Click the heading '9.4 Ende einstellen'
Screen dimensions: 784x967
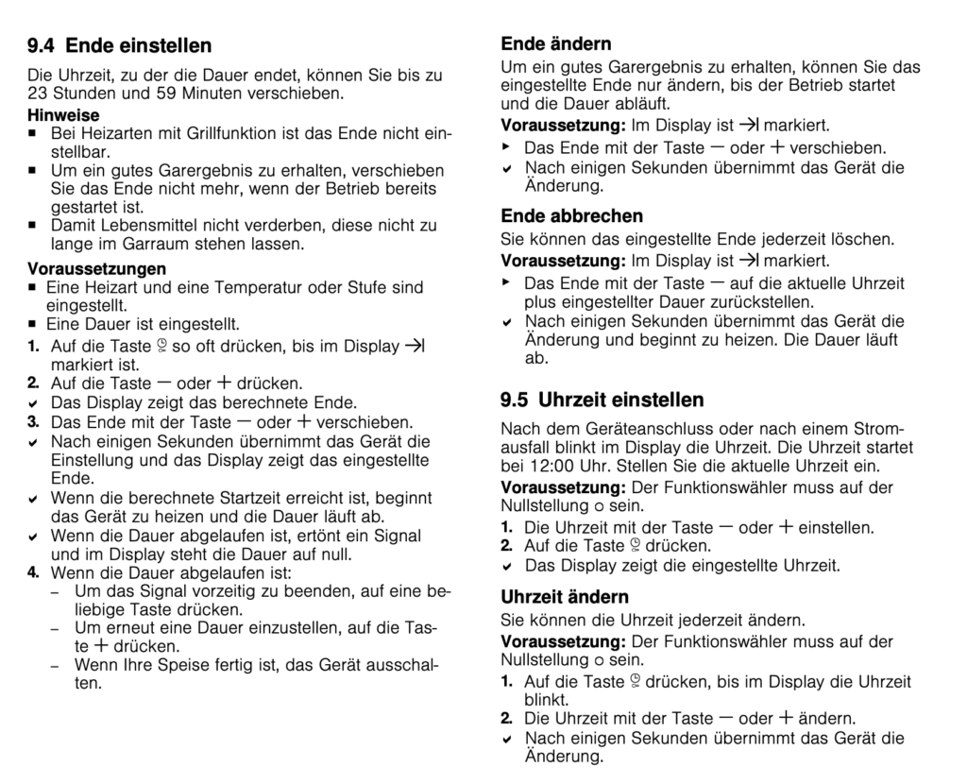coord(119,45)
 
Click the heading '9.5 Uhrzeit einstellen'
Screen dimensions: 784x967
coord(602,400)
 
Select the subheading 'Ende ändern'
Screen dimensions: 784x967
coord(555,43)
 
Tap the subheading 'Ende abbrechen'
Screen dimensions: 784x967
coord(571,215)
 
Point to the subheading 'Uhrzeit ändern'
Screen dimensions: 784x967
coord(564,597)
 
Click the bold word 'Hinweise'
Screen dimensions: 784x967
coord(63,115)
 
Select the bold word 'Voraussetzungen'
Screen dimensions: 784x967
coord(96,268)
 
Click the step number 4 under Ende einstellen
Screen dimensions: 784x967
coord(32,572)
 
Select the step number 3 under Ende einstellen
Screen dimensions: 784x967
coord(32,421)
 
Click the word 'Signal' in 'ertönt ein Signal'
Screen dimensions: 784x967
coord(399,536)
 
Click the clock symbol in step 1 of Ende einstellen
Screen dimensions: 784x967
coord(161,346)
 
